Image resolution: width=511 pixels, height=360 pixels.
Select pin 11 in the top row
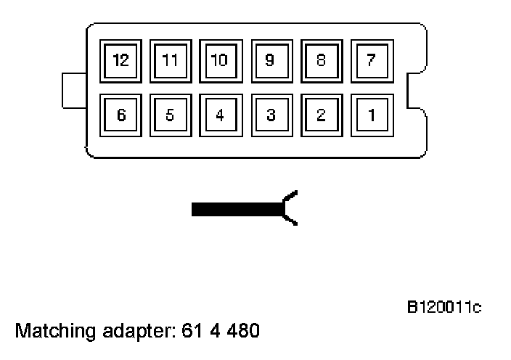171,61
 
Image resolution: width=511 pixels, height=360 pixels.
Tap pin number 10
220,61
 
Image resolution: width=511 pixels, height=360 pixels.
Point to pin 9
270,61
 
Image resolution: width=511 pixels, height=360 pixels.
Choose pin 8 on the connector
320,61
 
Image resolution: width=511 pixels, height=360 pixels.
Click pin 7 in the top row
371,61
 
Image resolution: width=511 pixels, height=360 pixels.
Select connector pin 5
171,115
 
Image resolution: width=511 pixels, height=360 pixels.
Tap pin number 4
220,115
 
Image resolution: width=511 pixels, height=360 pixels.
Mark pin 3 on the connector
270,115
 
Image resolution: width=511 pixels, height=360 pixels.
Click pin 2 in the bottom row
320,115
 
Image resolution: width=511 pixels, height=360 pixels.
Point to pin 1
371,115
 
